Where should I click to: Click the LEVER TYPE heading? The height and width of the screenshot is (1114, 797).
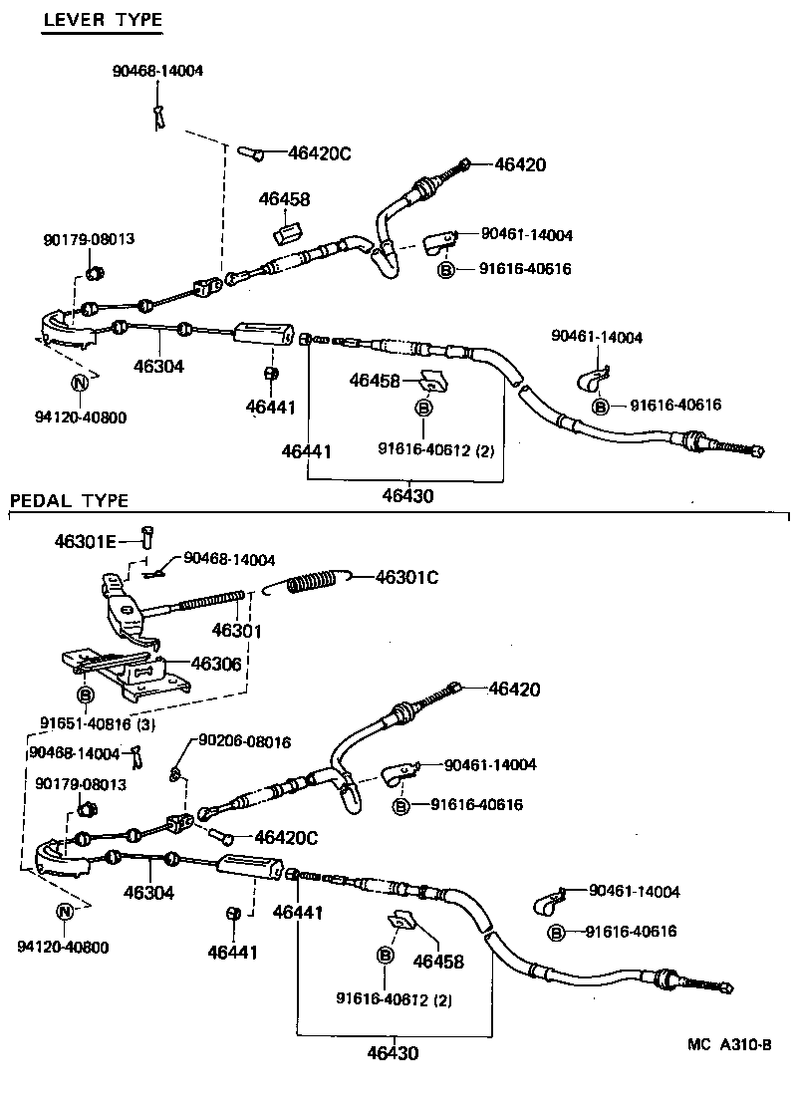(x=102, y=20)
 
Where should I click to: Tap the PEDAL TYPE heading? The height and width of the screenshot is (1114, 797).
(x=69, y=500)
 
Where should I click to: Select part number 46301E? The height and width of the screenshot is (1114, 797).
(x=86, y=541)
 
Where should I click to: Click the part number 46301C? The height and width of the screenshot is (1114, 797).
(x=405, y=576)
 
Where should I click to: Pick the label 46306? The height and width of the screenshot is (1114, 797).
(x=215, y=664)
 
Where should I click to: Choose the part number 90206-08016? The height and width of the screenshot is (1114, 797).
(x=244, y=741)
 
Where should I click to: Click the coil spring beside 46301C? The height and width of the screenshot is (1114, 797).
(x=314, y=582)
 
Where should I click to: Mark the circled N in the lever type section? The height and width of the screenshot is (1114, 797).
(x=79, y=383)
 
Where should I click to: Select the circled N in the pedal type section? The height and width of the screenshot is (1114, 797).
(x=64, y=911)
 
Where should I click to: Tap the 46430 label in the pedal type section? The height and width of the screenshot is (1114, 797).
(x=392, y=1052)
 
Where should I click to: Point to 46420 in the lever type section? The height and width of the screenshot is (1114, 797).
(x=520, y=165)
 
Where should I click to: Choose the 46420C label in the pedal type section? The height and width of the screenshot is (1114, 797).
(x=285, y=838)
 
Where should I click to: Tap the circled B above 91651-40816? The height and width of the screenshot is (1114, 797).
(x=86, y=695)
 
